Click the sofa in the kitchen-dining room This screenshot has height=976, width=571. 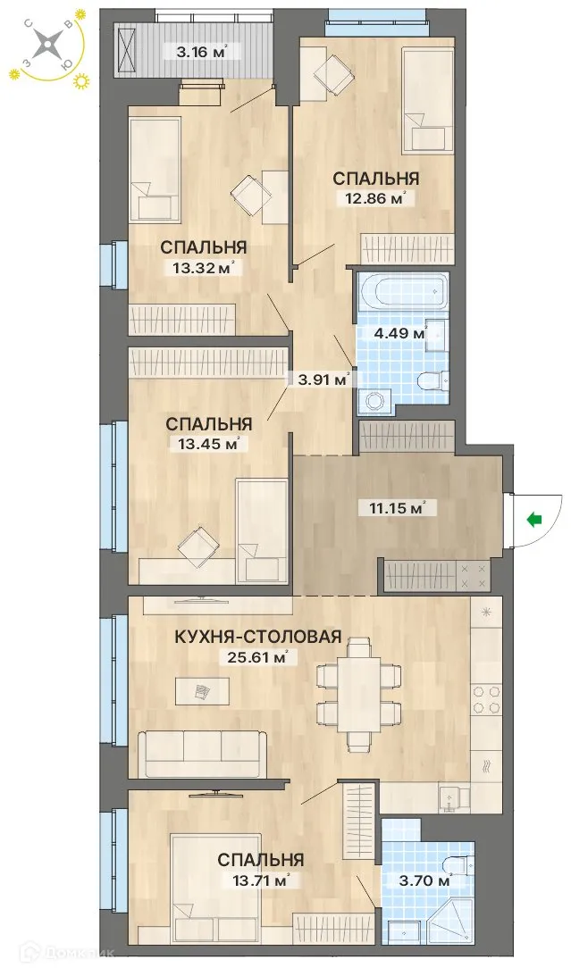coord(203,753)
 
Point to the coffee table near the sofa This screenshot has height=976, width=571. coord(202,690)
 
